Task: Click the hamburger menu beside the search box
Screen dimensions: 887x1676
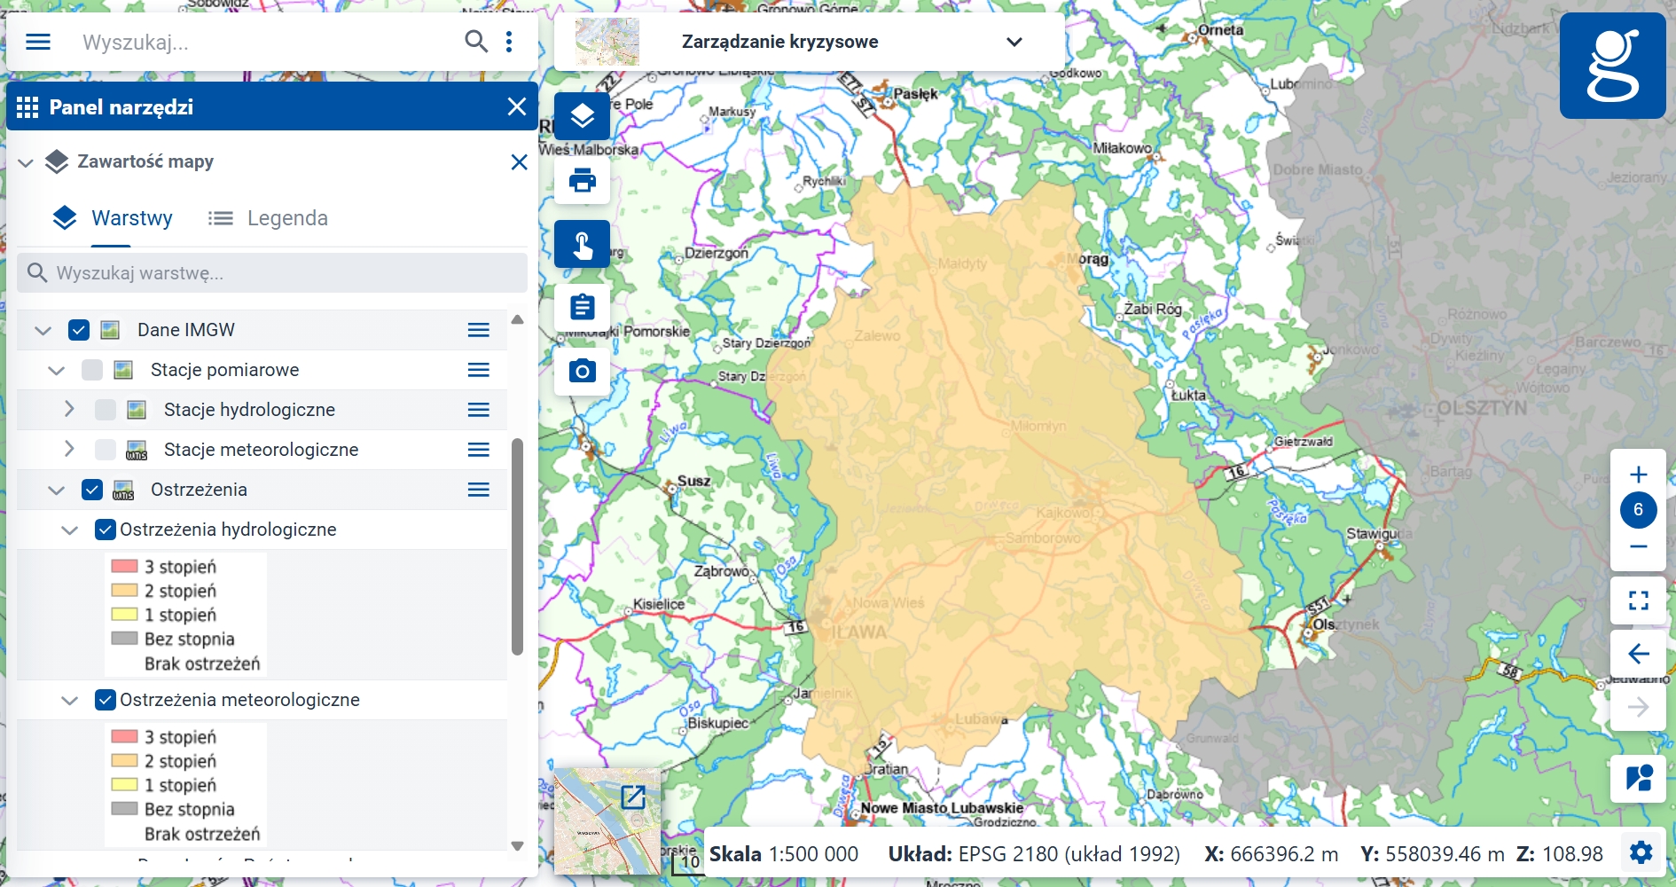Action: (x=38, y=42)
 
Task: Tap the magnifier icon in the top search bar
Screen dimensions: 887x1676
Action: (x=476, y=42)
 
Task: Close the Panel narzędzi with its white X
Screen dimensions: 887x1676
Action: (x=517, y=107)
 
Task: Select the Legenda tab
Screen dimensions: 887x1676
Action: (x=269, y=218)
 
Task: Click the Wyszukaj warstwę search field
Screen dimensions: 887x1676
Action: (x=272, y=273)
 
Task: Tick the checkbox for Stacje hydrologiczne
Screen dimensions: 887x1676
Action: (x=106, y=410)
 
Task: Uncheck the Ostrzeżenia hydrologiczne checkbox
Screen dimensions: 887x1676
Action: (x=106, y=530)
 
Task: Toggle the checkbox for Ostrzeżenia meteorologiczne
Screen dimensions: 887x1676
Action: (x=106, y=700)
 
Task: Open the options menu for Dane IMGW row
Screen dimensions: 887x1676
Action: (x=479, y=330)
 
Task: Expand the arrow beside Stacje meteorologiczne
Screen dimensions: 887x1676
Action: (x=69, y=450)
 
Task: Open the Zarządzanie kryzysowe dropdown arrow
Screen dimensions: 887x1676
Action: (x=1014, y=42)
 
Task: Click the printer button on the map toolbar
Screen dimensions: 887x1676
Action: (x=582, y=181)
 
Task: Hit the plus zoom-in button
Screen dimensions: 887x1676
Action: (x=1638, y=475)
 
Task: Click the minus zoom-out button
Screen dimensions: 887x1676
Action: (x=1638, y=546)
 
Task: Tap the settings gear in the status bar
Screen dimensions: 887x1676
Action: (x=1641, y=853)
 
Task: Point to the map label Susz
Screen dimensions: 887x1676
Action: (x=693, y=482)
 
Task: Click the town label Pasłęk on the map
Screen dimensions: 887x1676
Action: (x=915, y=94)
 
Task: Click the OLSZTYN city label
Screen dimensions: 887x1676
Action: (x=1482, y=409)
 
